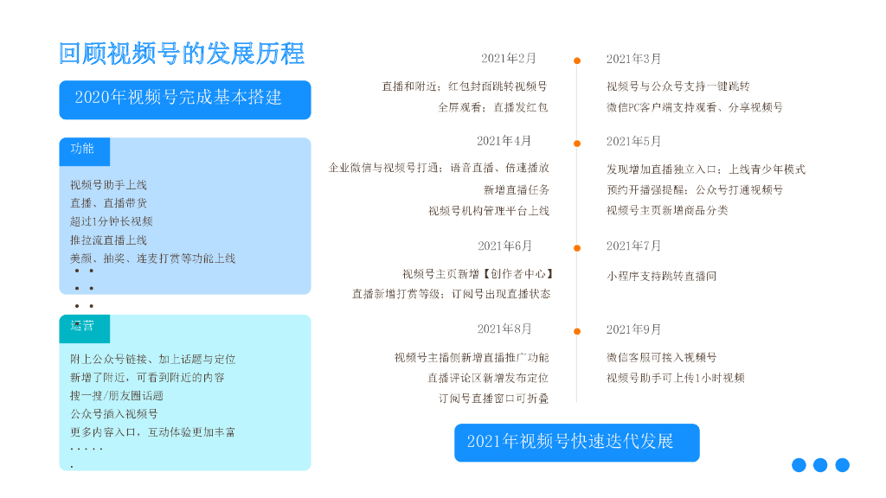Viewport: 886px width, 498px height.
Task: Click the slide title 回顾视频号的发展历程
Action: (x=182, y=54)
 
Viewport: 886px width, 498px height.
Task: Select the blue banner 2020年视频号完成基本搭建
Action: (x=184, y=99)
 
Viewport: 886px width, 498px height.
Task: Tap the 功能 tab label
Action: (x=83, y=149)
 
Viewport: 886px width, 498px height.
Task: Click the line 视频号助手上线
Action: (x=108, y=184)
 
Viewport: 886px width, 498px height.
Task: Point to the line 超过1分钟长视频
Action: (x=111, y=221)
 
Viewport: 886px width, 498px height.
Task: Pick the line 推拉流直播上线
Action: (x=108, y=239)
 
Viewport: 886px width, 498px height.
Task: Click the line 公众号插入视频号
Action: (x=114, y=413)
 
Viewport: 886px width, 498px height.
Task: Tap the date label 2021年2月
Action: (x=509, y=59)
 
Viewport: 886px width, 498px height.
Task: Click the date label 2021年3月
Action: (x=633, y=59)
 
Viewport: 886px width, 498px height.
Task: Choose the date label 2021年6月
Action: (x=505, y=246)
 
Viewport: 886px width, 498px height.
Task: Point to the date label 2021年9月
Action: (x=633, y=329)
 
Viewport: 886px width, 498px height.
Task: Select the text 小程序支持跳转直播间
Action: (x=662, y=277)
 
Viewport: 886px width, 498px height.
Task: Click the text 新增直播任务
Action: (x=517, y=190)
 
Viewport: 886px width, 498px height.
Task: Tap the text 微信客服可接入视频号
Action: (x=662, y=357)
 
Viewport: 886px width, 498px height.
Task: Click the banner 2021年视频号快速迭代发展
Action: (x=576, y=442)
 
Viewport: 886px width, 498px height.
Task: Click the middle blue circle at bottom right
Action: (x=820, y=465)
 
